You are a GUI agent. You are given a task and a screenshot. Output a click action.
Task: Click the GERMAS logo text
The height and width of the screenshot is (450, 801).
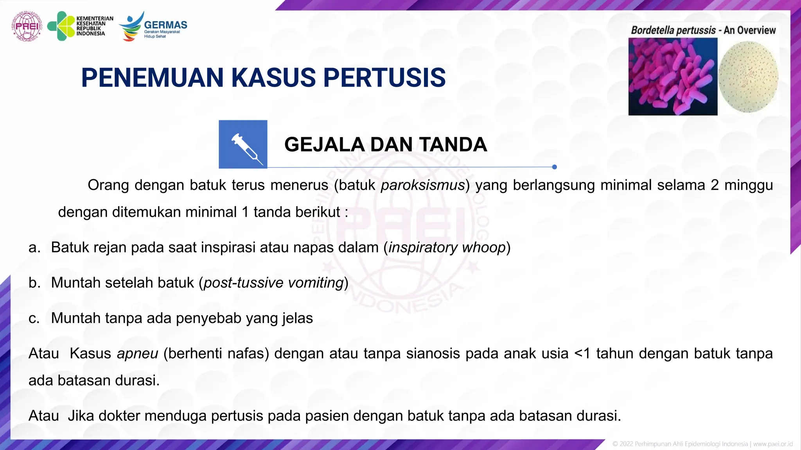tap(165, 25)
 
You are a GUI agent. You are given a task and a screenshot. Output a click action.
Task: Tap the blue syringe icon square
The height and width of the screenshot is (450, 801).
tap(243, 144)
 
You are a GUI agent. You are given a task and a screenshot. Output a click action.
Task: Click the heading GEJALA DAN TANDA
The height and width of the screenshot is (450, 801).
tap(385, 145)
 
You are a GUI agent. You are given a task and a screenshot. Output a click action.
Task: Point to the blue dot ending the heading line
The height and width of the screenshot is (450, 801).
tap(554, 167)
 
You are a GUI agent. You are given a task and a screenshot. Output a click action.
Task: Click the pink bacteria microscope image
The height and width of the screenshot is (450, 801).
tap(673, 77)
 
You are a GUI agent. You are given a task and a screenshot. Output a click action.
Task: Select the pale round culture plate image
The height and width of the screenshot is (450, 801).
tap(748, 77)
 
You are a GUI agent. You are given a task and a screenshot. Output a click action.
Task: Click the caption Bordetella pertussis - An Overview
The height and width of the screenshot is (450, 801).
tap(703, 30)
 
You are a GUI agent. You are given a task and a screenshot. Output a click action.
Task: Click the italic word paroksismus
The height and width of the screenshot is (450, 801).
tap(422, 185)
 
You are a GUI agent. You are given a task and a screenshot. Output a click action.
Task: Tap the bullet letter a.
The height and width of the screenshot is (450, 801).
tap(34, 248)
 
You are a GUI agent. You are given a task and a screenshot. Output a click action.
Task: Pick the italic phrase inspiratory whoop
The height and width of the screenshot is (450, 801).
tap(447, 248)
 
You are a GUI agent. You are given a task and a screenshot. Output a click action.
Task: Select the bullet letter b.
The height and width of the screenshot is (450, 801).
tap(34, 283)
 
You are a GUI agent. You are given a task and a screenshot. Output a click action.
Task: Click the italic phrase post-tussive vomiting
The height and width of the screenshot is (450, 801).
tap(273, 283)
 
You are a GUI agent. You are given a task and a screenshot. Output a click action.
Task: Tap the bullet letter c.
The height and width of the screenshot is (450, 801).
tap(34, 318)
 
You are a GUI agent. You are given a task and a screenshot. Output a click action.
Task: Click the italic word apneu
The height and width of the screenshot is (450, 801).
tap(137, 354)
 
